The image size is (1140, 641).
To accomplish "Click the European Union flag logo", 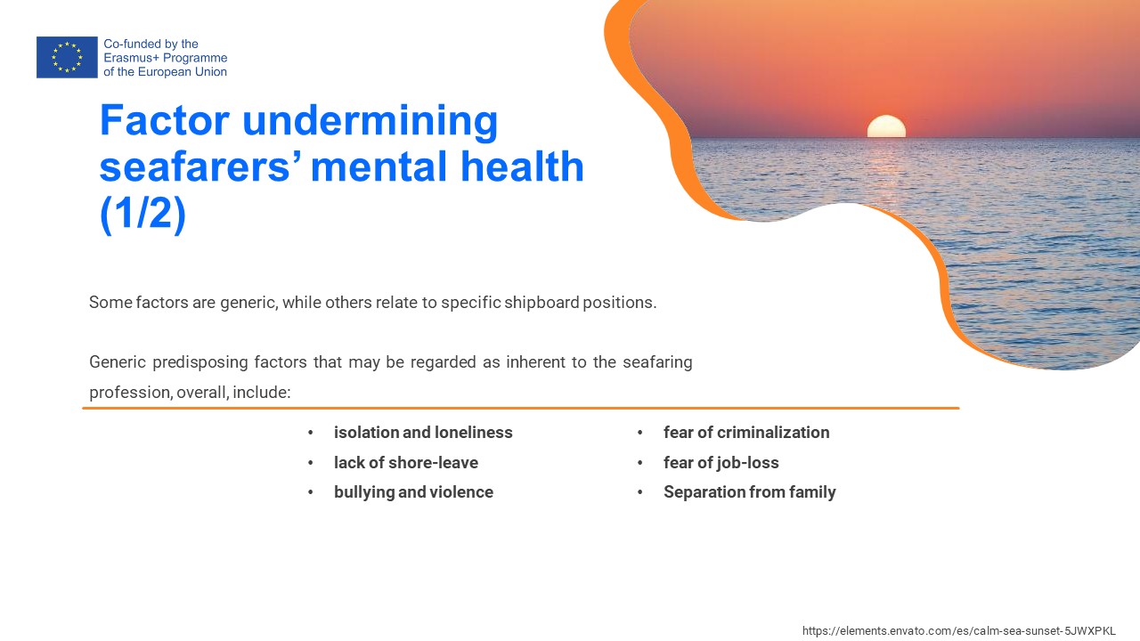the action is (x=67, y=57).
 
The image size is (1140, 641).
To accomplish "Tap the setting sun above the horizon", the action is (x=886, y=126).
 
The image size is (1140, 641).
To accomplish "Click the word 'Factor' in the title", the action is (x=165, y=120).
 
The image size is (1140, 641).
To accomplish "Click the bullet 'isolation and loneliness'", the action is (x=423, y=433).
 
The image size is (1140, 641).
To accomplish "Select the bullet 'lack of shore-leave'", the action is (x=405, y=462).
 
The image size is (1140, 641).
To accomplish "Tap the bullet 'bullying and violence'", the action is (x=413, y=492).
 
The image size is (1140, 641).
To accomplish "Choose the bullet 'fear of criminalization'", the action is (x=746, y=433).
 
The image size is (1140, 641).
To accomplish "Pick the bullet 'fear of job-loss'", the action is (x=721, y=462).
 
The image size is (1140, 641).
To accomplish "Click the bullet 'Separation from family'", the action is (x=749, y=492).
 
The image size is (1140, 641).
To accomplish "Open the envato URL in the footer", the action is (x=959, y=631).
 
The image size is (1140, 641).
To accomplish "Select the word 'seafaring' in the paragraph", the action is (x=657, y=362).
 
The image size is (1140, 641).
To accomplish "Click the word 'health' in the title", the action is (x=522, y=166).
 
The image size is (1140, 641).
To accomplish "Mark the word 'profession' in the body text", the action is (x=130, y=393).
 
